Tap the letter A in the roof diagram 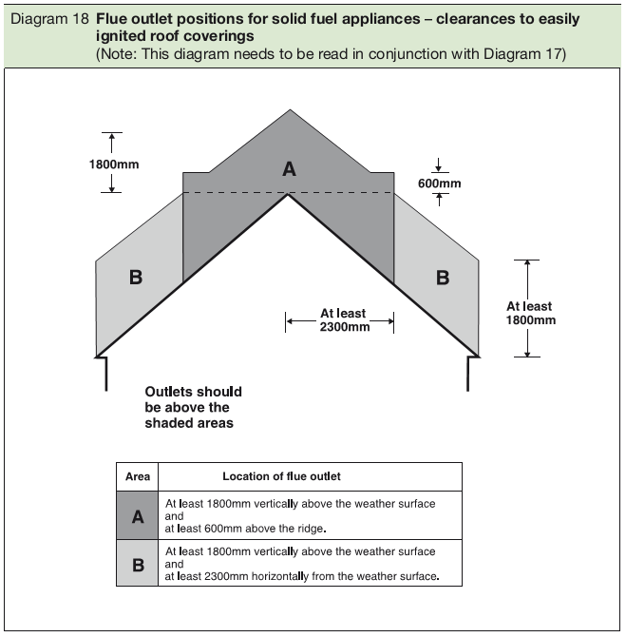click(x=289, y=169)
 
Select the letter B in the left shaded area click(x=136, y=278)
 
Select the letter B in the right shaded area click(x=442, y=278)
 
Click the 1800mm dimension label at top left click(x=114, y=164)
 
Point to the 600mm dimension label click(x=438, y=183)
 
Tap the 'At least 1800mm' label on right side click(x=530, y=313)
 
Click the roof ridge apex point click(x=289, y=195)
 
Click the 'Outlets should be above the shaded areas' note click(x=193, y=407)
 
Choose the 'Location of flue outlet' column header click(x=281, y=476)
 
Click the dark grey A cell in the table click(x=137, y=516)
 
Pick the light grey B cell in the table click(x=137, y=564)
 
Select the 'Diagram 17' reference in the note click(x=531, y=54)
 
